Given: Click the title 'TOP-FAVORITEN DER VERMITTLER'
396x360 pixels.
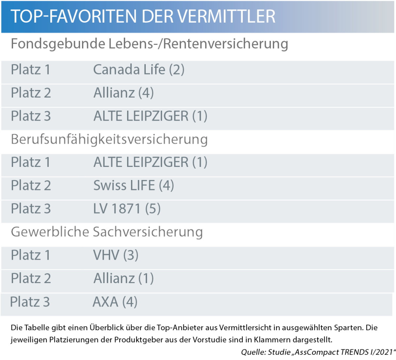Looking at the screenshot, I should pos(143,17).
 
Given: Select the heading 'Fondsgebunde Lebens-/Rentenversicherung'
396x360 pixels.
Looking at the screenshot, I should pos(149,44).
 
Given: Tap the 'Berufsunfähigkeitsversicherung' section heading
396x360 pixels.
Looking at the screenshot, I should pos(109,139).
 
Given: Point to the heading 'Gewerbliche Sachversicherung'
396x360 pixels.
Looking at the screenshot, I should pos(107,232).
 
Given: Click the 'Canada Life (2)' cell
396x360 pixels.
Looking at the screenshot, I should pos(139,70).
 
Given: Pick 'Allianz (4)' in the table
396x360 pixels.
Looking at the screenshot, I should pos(124,93).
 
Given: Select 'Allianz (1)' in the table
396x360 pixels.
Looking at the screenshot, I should pos(124,278).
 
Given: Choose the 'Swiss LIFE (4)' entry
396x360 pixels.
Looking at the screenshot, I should pos(134,185).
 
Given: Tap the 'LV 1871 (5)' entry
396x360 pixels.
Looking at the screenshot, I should pos(127,209).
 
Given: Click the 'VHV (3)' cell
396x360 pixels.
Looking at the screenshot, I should pos(116,255).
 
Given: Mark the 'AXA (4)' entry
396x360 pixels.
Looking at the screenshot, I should pos(115,302).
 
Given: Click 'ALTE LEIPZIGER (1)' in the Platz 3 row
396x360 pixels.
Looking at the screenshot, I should pos(150,116).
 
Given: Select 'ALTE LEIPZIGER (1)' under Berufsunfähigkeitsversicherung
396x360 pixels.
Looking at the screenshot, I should pos(150,162).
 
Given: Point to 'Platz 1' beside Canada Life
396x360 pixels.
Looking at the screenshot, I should pos(30,70).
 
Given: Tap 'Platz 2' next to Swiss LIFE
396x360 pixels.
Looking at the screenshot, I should pos(31,185).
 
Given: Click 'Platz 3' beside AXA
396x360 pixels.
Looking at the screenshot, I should pos(30,302).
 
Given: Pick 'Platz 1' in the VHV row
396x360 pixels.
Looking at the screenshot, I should pos(30,255).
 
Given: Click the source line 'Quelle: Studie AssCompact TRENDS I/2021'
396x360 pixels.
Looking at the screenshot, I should pos(318,352).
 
